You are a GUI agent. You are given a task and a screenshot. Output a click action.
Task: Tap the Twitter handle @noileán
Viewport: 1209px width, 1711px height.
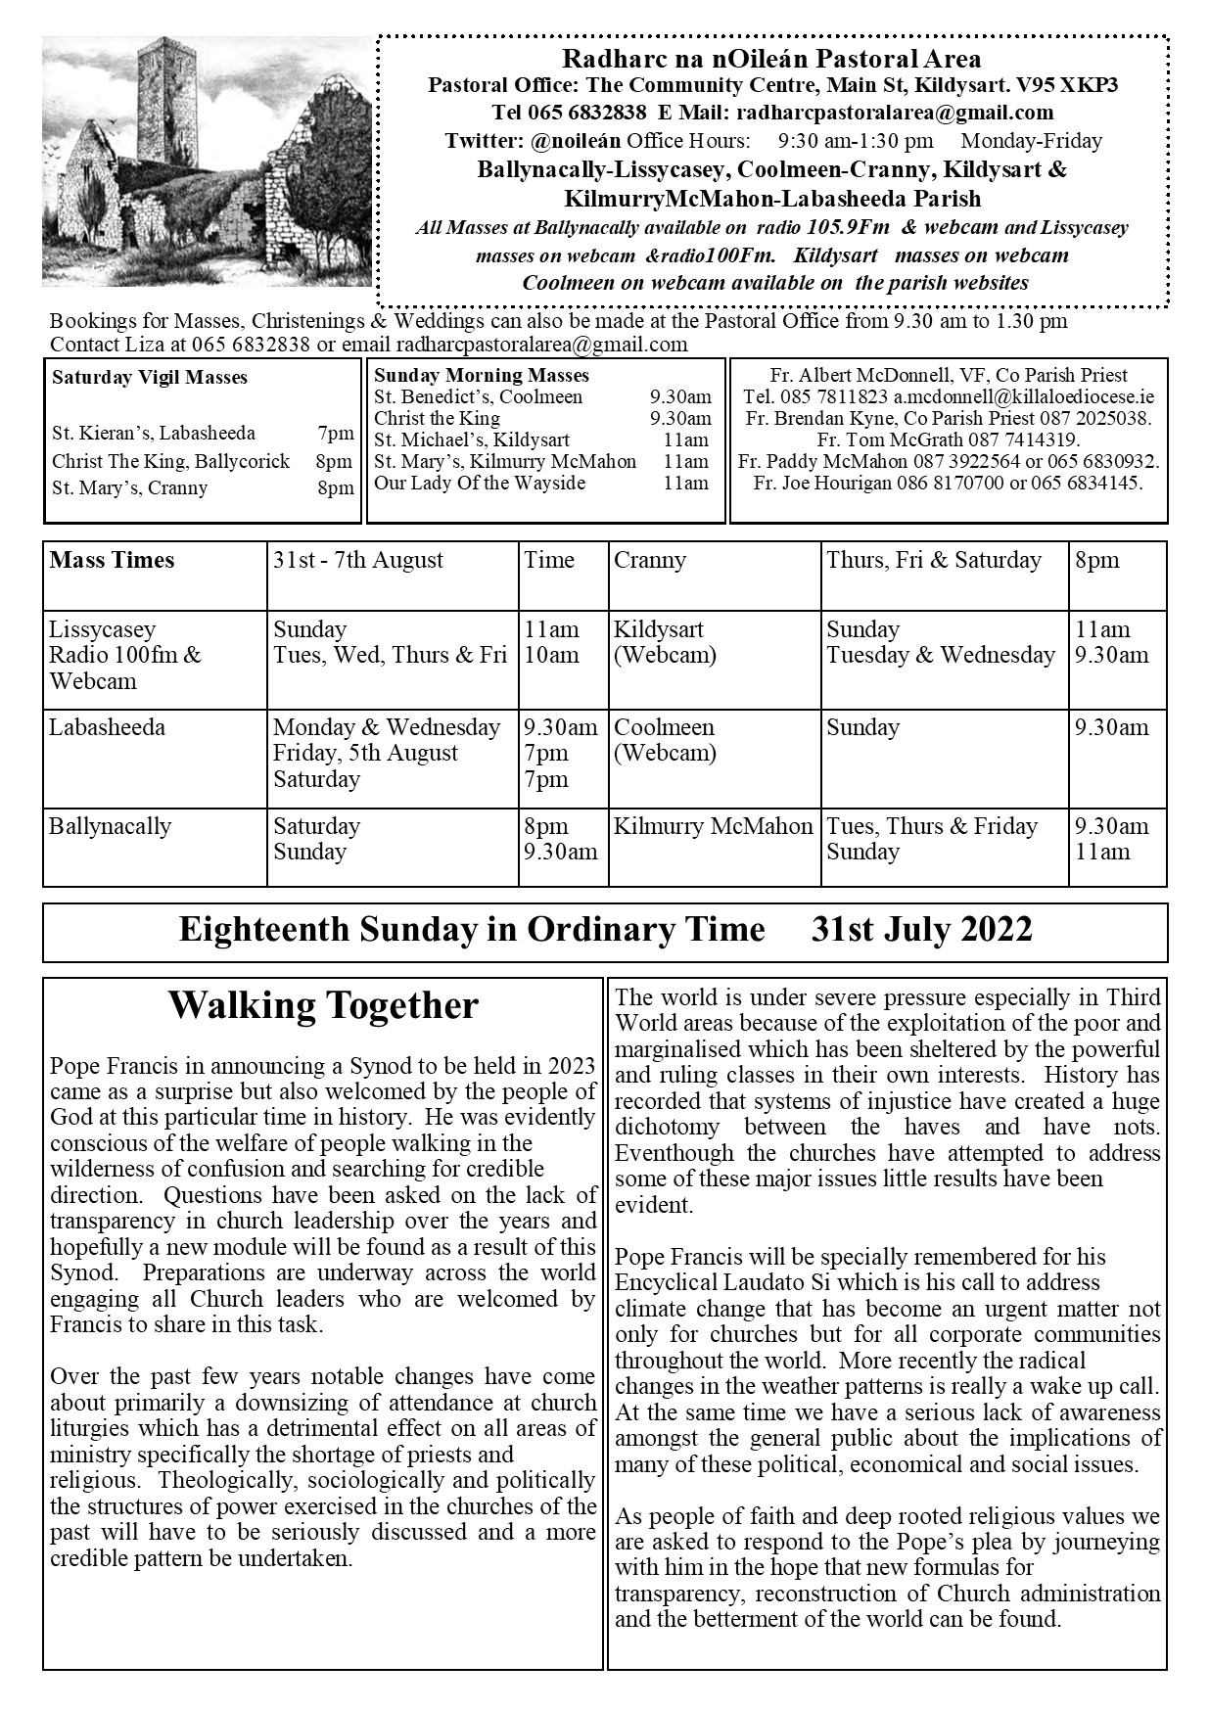tap(578, 141)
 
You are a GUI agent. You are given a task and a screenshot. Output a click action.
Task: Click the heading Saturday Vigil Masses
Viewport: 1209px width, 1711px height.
tap(150, 378)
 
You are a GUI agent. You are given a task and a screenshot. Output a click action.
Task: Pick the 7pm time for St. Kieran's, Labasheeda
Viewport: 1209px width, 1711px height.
tap(335, 434)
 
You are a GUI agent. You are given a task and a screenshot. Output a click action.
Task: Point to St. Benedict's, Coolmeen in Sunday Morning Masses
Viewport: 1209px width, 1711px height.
tap(478, 397)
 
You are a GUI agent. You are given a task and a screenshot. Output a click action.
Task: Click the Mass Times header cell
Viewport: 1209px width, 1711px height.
tap(112, 561)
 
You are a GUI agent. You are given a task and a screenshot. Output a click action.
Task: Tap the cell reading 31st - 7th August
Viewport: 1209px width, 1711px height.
tap(358, 561)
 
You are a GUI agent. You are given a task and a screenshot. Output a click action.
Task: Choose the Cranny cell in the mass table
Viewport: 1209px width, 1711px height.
tap(650, 561)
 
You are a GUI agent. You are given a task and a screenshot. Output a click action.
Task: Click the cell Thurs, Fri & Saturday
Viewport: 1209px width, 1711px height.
tap(934, 561)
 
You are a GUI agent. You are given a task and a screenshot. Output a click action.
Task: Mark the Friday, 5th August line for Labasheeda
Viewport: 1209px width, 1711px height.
tap(365, 754)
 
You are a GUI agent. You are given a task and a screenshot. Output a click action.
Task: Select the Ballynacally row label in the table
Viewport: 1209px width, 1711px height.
tap(110, 826)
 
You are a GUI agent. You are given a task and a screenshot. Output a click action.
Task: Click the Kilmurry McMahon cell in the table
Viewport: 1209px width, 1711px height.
tap(713, 826)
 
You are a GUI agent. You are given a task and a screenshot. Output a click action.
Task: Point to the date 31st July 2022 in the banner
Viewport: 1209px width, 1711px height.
tap(921, 929)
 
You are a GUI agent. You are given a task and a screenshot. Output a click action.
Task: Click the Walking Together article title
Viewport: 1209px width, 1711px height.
tap(323, 1005)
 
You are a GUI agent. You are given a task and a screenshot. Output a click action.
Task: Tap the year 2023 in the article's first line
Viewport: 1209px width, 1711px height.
tap(572, 1066)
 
